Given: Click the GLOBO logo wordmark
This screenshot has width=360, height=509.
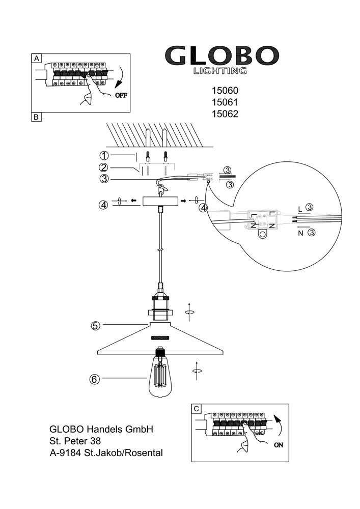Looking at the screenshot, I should tap(222, 55).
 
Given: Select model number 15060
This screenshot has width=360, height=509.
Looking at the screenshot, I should tap(225, 91).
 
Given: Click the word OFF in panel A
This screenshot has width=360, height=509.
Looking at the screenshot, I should tap(121, 95).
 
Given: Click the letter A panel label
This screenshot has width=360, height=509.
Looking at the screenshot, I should tap(36, 59).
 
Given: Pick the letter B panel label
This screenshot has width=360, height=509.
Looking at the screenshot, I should tap(36, 117).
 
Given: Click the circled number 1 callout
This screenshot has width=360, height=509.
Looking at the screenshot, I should tap(104, 155).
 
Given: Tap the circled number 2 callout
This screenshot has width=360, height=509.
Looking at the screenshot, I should tap(104, 167).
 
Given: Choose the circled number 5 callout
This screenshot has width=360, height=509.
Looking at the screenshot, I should tap(95, 325).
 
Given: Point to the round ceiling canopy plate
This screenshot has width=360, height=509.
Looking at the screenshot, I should tap(160, 201).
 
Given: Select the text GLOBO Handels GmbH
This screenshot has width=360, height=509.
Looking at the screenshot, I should tap(101, 429).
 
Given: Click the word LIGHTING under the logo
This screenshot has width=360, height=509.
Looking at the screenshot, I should tap(220, 71).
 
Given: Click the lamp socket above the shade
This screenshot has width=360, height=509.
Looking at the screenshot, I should tap(161, 304).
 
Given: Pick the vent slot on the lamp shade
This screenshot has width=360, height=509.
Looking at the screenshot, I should tap(161, 337).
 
